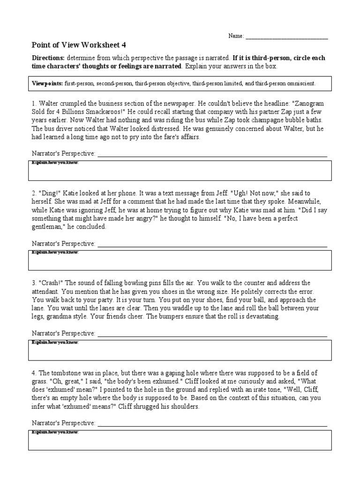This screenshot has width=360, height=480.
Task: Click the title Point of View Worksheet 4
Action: click(x=78, y=45)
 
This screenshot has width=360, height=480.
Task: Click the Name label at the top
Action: click(x=236, y=36)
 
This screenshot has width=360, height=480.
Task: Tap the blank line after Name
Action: click(x=286, y=37)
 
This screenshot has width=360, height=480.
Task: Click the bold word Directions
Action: click(x=48, y=58)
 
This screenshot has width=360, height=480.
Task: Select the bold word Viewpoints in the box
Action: click(x=47, y=83)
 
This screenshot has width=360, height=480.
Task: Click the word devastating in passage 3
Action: click(x=260, y=317)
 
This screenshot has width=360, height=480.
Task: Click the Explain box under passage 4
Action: click(x=180, y=440)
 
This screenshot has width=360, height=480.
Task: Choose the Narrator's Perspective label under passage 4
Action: click(x=63, y=423)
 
